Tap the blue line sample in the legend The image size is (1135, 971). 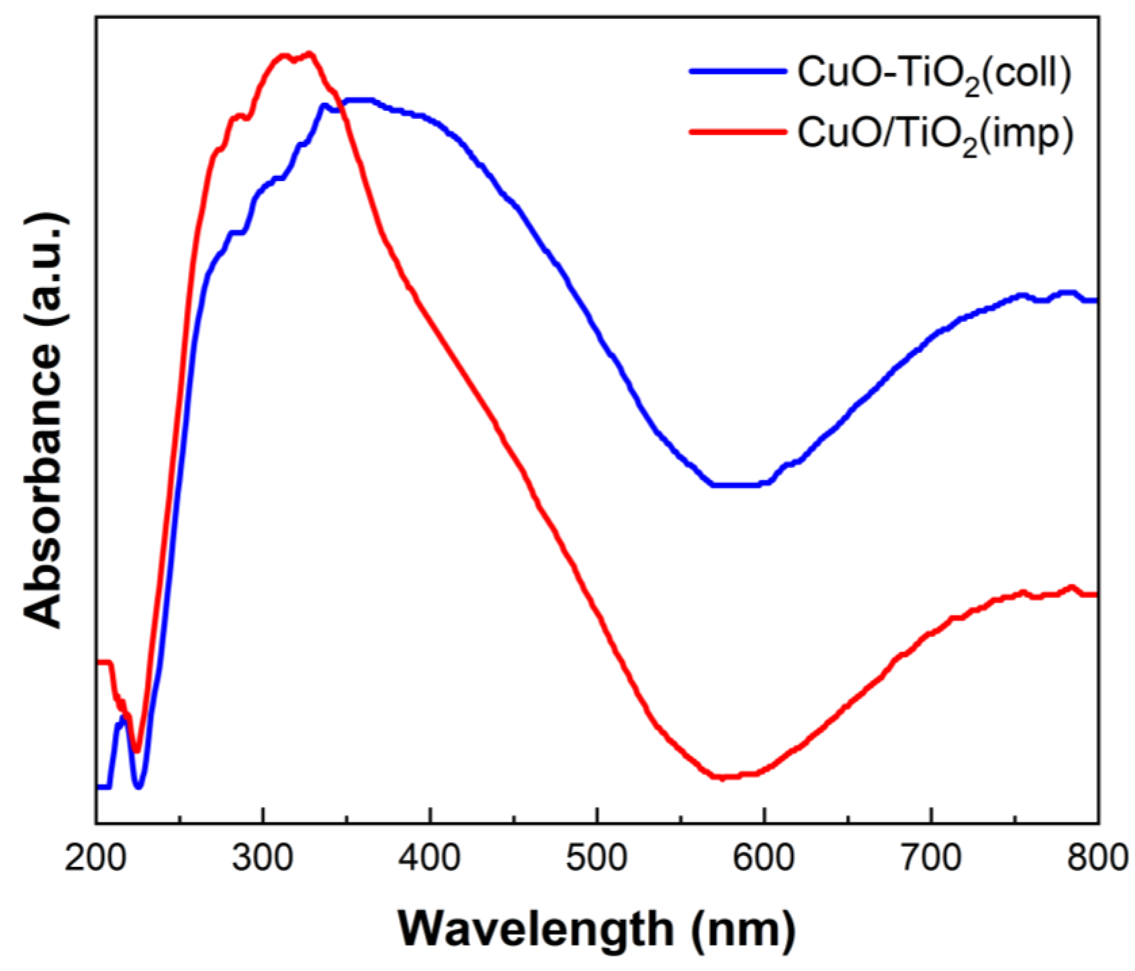pyautogui.click(x=737, y=71)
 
